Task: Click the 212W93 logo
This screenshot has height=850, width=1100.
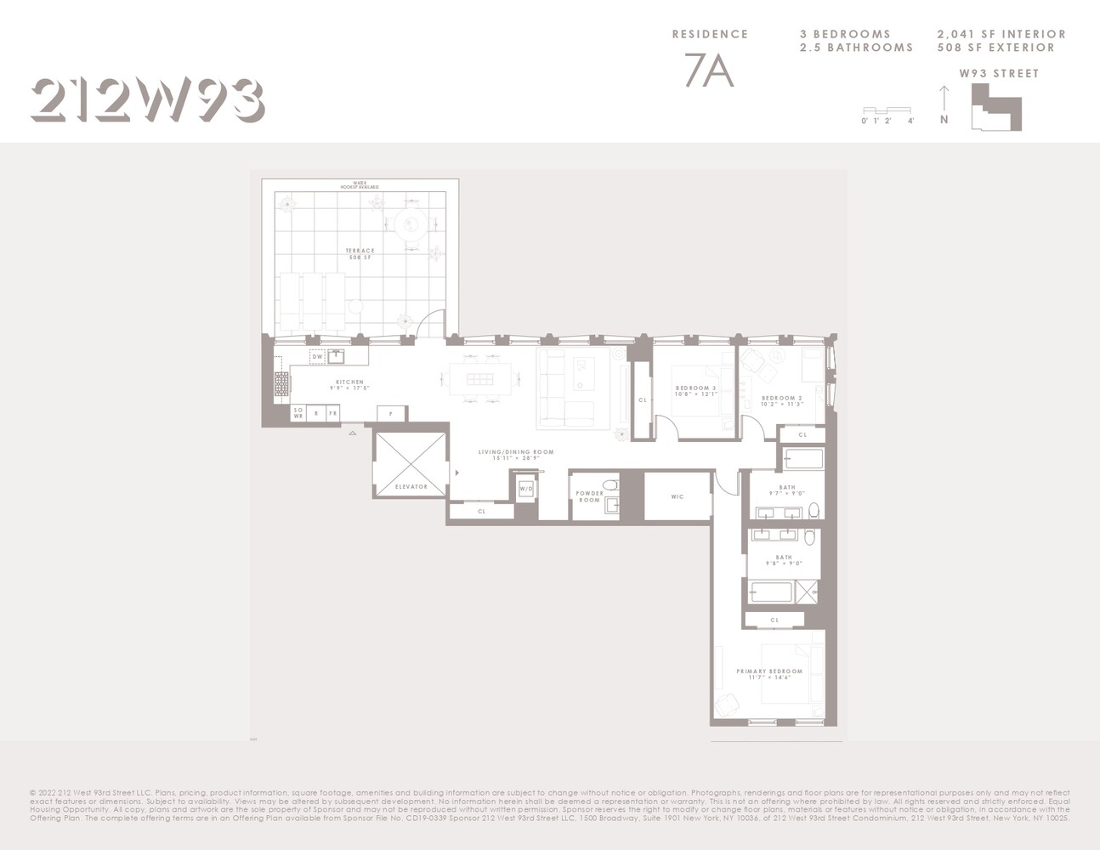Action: pyautogui.click(x=147, y=100)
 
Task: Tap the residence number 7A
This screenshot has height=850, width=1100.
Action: pyautogui.click(x=709, y=72)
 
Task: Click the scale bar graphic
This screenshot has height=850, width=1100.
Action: pyautogui.click(x=887, y=110)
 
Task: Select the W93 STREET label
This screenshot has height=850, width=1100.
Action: pyautogui.click(x=999, y=74)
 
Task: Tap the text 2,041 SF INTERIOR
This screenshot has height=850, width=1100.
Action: pyautogui.click(x=1001, y=34)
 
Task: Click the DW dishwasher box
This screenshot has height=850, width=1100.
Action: pyautogui.click(x=317, y=357)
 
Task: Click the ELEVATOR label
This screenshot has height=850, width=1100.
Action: pyautogui.click(x=411, y=487)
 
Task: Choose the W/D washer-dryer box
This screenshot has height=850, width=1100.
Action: pyautogui.click(x=526, y=489)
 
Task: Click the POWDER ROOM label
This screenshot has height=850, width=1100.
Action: pyautogui.click(x=589, y=496)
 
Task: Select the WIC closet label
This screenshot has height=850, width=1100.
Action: pyautogui.click(x=677, y=497)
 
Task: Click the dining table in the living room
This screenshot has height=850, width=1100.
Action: pyautogui.click(x=480, y=379)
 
